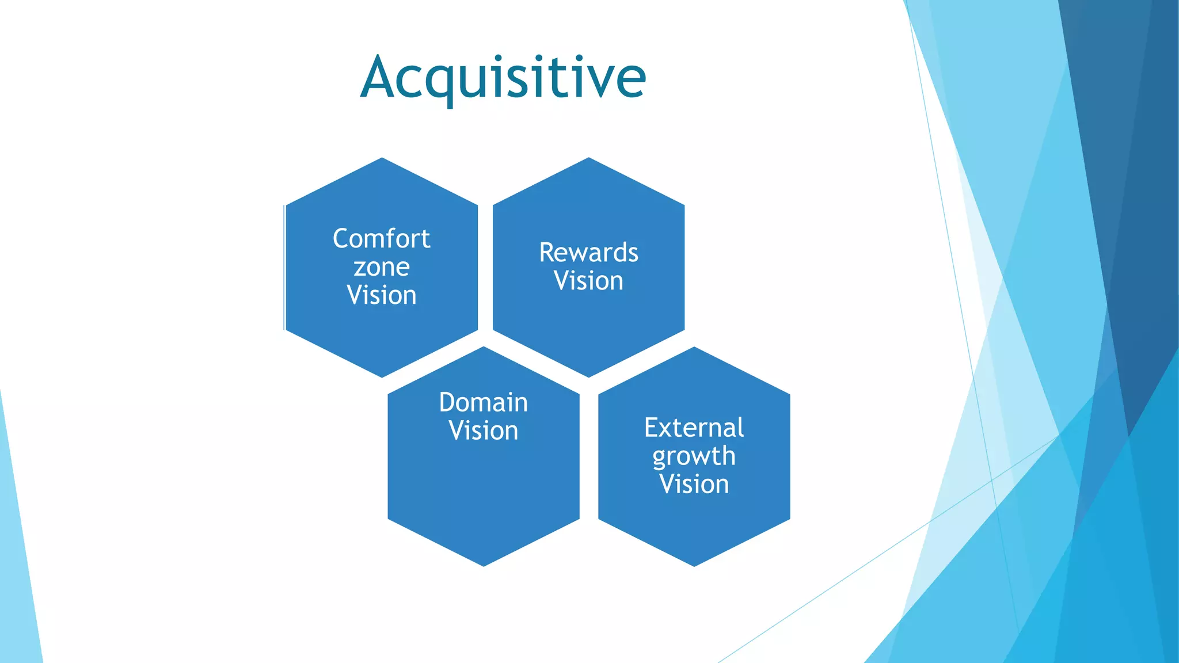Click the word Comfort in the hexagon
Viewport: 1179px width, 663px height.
(x=381, y=239)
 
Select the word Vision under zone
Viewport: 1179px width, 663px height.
(x=381, y=295)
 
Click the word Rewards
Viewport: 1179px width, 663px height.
(x=588, y=253)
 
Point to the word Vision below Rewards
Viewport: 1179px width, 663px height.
(x=588, y=281)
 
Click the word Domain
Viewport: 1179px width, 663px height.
(x=483, y=402)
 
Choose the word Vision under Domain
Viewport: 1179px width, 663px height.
(x=483, y=430)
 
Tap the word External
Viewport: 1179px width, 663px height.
(x=694, y=428)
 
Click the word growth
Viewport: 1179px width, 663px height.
(x=694, y=456)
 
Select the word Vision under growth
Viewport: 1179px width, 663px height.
(x=694, y=484)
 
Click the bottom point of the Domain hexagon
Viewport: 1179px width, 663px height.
(x=484, y=563)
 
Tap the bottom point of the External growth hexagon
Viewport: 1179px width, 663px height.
(x=694, y=563)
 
